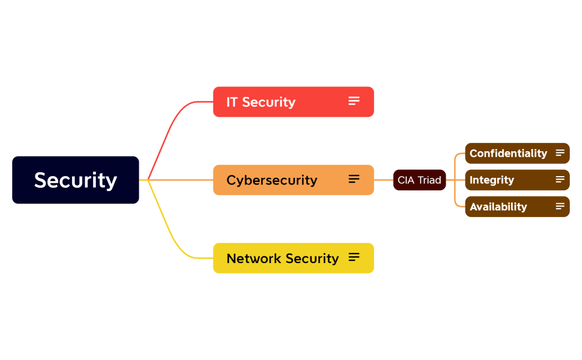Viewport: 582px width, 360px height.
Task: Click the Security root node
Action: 75,180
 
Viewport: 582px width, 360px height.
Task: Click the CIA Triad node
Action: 419,180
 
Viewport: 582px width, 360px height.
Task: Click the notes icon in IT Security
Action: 354,101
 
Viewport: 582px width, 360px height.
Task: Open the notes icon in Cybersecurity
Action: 354,179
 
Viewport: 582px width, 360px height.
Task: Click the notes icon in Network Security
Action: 354,257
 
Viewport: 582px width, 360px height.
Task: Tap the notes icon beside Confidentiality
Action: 560,153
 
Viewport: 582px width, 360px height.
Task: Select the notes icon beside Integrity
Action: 560,179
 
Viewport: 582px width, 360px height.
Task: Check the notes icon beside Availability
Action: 560,206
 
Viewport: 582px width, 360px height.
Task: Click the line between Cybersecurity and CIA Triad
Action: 384,180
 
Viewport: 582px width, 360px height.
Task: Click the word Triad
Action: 430,180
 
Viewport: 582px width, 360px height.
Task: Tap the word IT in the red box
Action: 232,102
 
